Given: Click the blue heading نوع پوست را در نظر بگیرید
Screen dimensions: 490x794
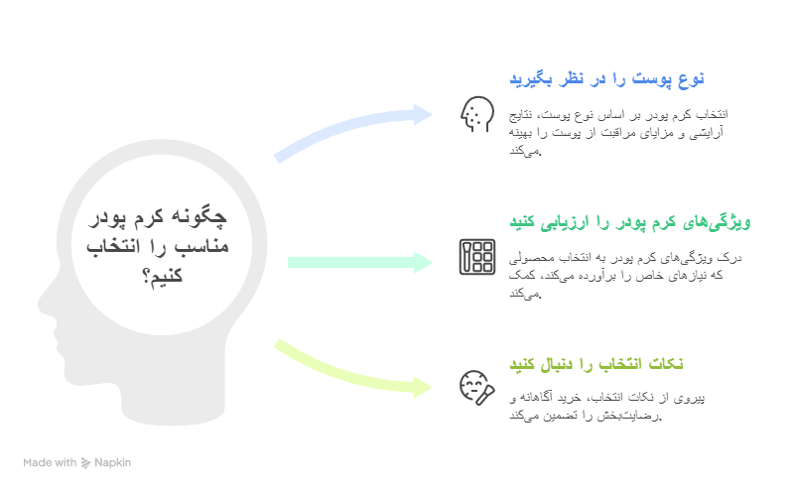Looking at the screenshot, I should tap(607, 78).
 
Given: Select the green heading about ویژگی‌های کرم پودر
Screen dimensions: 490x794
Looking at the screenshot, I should tap(631, 221).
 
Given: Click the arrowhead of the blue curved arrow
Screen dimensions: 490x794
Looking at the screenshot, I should tap(424, 112).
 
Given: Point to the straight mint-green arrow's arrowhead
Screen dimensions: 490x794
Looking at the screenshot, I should tap(424, 262).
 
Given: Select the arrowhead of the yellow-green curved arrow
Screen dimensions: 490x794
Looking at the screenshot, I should tap(424, 385).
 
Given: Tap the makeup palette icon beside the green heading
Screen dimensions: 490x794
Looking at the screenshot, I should tap(476, 257).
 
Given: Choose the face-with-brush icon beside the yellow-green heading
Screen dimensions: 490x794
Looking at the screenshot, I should tap(476, 386).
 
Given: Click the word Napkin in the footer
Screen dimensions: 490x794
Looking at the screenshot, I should tap(113, 462).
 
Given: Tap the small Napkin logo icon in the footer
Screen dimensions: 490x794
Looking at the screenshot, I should tap(86, 462).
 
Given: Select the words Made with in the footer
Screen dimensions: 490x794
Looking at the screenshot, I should tap(50, 462).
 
